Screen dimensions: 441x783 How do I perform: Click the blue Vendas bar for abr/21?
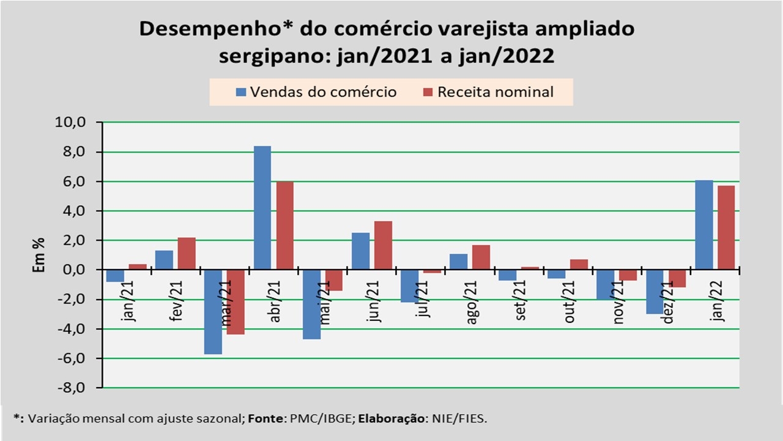(262, 208)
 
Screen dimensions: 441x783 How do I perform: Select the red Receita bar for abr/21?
(284, 225)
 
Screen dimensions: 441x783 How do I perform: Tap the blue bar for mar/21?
(213, 312)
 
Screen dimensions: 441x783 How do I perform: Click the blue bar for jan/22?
(703, 225)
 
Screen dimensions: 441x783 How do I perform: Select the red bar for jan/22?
(726, 228)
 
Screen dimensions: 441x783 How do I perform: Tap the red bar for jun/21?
(383, 245)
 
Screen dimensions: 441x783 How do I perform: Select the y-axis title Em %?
(39, 255)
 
